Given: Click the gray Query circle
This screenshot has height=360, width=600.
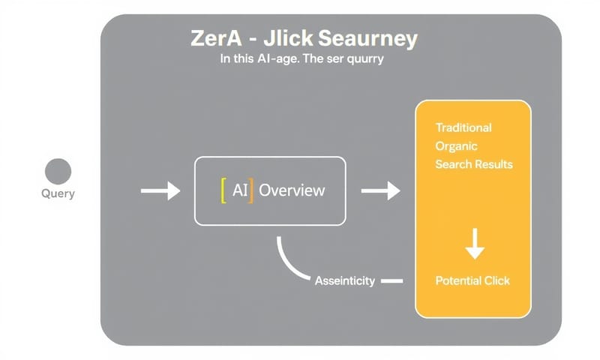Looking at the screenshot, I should tap(58, 171).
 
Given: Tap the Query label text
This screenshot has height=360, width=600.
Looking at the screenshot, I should tap(58, 193).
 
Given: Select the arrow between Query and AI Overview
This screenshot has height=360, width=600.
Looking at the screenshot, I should tap(160, 191).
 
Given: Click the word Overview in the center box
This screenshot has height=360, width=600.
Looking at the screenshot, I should tap(292, 190).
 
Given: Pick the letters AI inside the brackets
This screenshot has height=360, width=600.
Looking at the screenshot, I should tap(239, 190).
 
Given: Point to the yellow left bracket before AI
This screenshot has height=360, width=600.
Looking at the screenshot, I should tap(223, 190).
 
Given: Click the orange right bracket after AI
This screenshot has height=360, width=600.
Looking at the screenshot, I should tap(252, 190).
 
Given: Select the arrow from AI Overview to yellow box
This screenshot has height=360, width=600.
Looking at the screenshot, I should tap(380, 191).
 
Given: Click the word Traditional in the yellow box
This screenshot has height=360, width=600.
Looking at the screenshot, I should tap(463, 127).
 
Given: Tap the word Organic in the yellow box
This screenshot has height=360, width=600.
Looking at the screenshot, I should tap(456, 145).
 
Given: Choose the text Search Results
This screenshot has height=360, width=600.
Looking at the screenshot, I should tap(474, 163).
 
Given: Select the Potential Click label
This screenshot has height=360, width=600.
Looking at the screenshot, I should tap(472, 280).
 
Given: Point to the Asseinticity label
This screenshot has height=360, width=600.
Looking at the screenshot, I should tap(343, 280).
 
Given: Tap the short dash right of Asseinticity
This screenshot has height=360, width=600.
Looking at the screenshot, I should tap(391, 281).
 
